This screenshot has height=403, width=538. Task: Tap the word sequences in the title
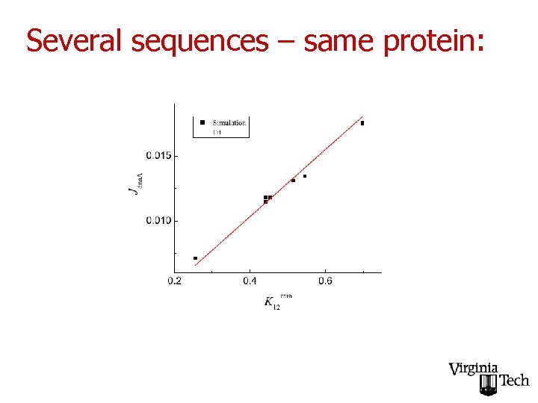pyautogui.click(x=199, y=42)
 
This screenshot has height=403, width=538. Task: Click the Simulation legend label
pyautogui.click(x=229, y=122)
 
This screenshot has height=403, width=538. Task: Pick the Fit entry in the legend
pyautogui.click(x=217, y=131)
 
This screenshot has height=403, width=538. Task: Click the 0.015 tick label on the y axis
pyautogui.click(x=158, y=155)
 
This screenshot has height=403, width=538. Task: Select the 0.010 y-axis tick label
pyautogui.click(x=158, y=220)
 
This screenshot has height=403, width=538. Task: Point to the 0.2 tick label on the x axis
pyautogui.click(x=174, y=281)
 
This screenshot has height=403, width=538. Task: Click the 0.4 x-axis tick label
pyautogui.click(x=250, y=281)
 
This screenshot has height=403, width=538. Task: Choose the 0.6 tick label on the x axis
pyautogui.click(x=325, y=281)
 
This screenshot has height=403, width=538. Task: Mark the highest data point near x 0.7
pyautogui.click(x=362, y=123)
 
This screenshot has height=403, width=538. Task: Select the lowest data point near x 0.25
pyautogui.click(x=195, y=258)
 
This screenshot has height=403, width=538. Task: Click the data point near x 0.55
pyautogui.click(x=305, y=176)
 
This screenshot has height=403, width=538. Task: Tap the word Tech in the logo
pyautogui.click(x=514, y=381)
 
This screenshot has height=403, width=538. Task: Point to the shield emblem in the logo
pyautogui.click(x=487, y=385)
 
